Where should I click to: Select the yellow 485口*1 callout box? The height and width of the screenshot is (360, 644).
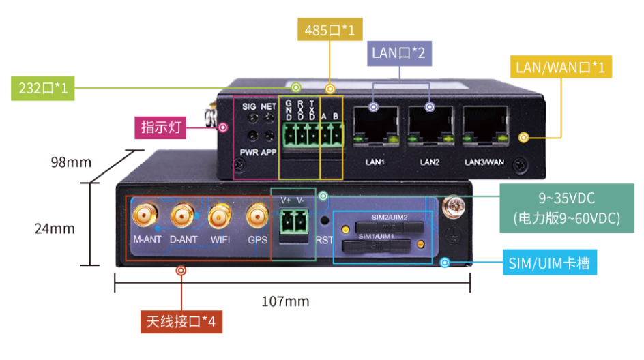(x=330, y=30)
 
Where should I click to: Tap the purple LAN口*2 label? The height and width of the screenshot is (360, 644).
(x=398, y=53)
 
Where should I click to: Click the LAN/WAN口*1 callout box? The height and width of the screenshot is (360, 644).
(x=560, y=67)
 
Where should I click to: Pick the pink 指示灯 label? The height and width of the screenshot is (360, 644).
(x=163, y=127)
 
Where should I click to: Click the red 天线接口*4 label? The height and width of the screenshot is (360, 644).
(x=181, y=320)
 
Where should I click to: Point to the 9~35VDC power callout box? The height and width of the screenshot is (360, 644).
(x=567, y=208)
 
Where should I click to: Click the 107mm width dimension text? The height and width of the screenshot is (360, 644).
(x=286, y=301)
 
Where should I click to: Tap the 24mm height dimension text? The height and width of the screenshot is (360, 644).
(x=55, y=228)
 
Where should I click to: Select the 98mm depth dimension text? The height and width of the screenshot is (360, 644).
(x=71, y=162)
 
